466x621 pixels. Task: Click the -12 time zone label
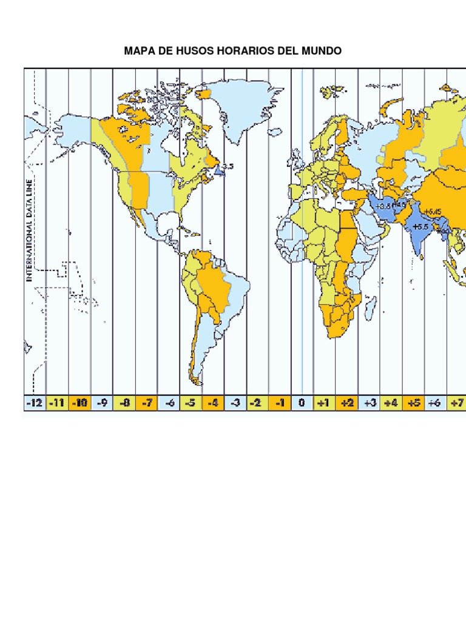coord(35,403)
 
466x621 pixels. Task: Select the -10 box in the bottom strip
coord(79,403)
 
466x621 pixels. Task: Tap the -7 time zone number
coord(146,403)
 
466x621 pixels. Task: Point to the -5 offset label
coord(191,403)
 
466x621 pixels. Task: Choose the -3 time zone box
coord(235,403)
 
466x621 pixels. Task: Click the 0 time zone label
coord(302,403)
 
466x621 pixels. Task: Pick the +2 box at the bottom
coord(346,403)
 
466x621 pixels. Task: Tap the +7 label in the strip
coord(456,403)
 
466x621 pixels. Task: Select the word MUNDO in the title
coord(323,51)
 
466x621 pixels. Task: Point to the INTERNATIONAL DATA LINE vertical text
coord(28,230)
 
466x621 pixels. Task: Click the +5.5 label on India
coord(420,226)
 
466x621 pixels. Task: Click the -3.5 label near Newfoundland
coord(226,166)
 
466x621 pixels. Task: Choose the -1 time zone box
coord(280,403)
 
